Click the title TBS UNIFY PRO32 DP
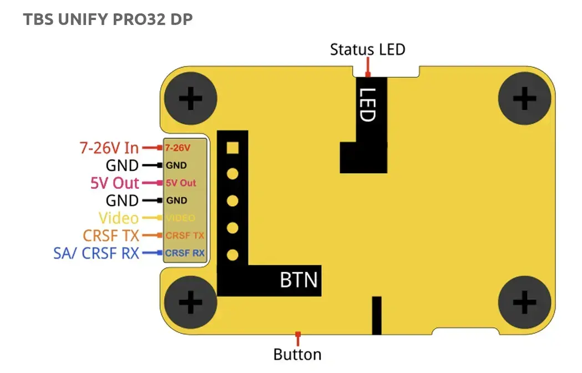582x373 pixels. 108,19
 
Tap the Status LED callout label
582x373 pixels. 367,49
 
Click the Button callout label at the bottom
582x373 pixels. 297,354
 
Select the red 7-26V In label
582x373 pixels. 109,148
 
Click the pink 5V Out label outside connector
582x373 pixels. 114,183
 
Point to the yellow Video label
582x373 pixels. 119,218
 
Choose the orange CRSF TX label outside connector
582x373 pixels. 111,235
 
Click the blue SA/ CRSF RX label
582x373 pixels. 96,253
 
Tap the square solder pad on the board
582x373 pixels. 233,148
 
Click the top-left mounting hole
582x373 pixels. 191,100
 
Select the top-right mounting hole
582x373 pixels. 524,100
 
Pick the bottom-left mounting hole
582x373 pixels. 191,303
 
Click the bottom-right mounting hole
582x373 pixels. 524,303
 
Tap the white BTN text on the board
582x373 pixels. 299,280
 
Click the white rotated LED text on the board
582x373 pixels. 367,105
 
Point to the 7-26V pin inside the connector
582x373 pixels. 178,148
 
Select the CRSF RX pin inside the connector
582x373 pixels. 185,254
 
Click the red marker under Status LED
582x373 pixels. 367,72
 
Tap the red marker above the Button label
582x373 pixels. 298,335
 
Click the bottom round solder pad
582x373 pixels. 233,255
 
